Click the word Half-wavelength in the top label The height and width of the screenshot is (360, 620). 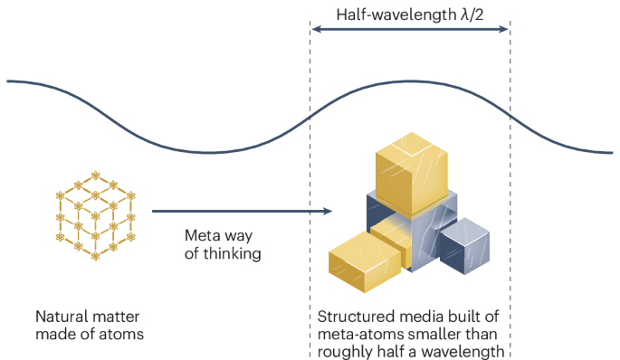396,14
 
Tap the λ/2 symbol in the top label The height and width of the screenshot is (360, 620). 472,14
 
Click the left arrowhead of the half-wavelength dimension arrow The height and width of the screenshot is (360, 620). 316,29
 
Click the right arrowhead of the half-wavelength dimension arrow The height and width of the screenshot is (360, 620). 504,29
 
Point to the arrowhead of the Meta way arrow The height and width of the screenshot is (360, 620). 328,211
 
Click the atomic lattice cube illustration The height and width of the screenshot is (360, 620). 95,215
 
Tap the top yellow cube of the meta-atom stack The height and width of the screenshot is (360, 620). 411,173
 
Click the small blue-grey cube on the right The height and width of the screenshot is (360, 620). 464,246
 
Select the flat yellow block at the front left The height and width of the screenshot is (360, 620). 365,261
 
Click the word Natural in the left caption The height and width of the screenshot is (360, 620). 59,317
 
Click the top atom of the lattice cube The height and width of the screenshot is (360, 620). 95,175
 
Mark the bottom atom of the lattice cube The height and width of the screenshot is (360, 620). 95,256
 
